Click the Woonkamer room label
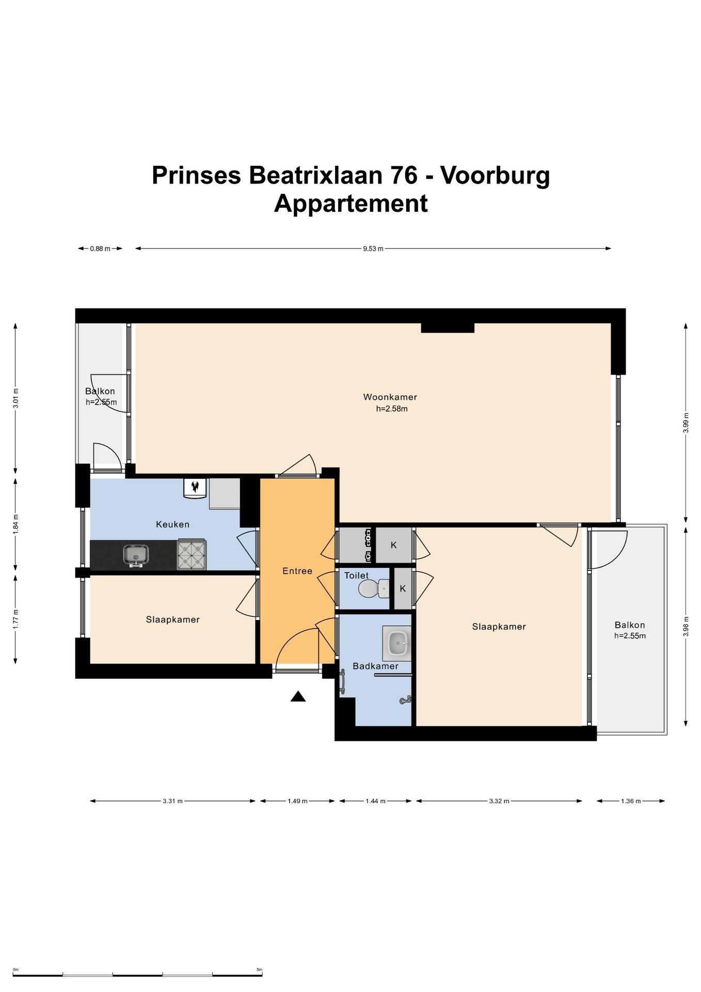tap(390, 397)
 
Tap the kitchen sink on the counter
tap(136, 555)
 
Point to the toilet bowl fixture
tap(373, 588)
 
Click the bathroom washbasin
tap(397, 643)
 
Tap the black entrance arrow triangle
tap(298, 696)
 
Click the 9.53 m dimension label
tap(373, 249)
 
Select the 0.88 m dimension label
tap(100, 249)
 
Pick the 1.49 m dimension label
tap(297, 801)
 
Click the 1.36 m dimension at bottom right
tap(630, 801)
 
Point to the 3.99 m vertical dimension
tap(686, 423)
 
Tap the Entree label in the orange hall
tap(297, 571)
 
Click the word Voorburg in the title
tap(495, 175)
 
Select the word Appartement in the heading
tap(351, 203)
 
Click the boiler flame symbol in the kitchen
tap(195, 486)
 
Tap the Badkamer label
tap(375, 666)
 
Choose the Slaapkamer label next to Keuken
tap(172, 619)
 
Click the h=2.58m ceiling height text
tap(391, 409)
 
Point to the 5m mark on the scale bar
tap(259, 970)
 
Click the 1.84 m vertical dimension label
tap(15, 524)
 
